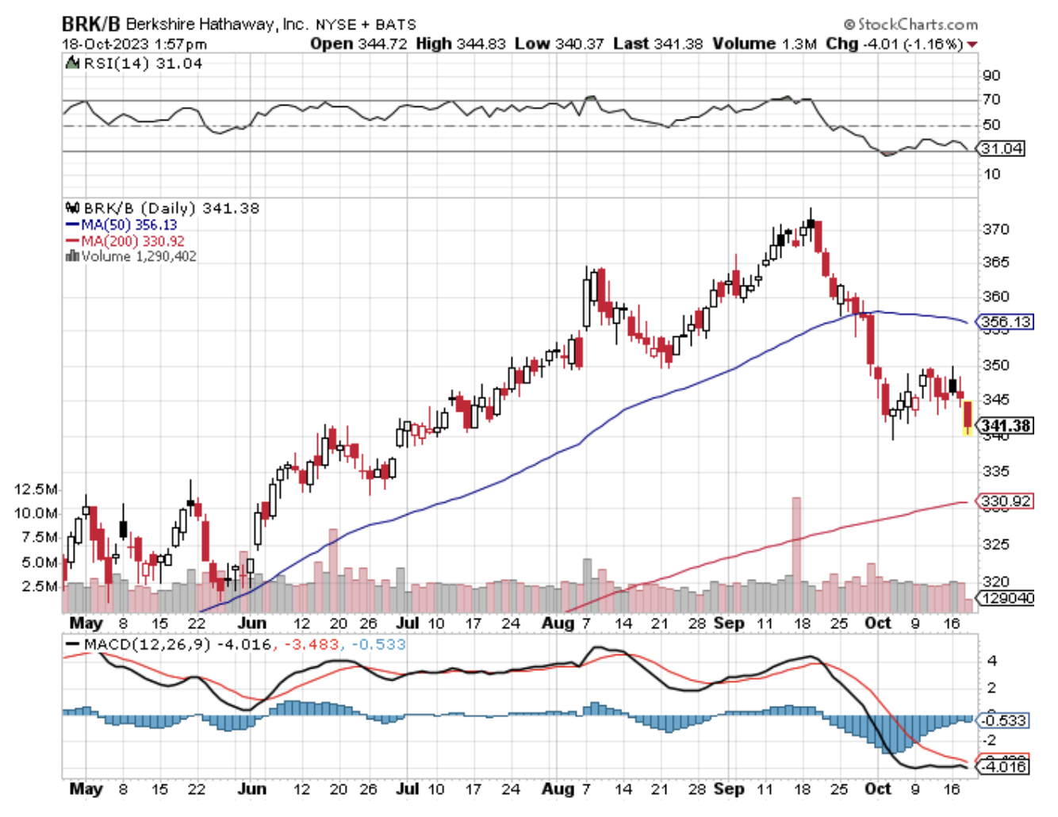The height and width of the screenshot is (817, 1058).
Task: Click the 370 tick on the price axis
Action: pos(995,229)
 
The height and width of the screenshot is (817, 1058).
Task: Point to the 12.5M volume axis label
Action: pos(36,489)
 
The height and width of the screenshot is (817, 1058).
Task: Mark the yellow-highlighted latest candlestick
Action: pos(968,418)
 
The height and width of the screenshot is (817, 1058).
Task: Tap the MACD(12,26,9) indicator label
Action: pos(148,644)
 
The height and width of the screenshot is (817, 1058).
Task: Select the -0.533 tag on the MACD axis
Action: pos(1003,720)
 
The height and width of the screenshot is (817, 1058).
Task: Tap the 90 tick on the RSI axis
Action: pos(991,75)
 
